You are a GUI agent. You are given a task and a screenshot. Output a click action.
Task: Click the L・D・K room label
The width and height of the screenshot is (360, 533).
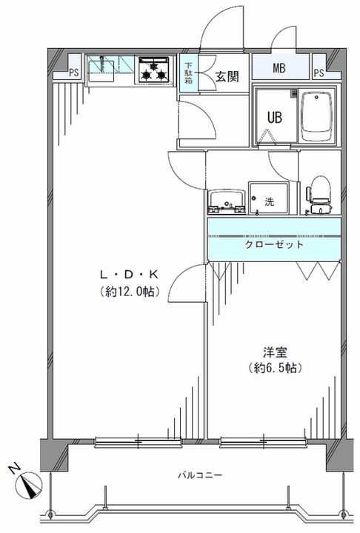[128, 275]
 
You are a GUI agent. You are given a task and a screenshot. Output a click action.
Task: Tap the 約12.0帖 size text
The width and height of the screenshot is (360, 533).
[128, 292]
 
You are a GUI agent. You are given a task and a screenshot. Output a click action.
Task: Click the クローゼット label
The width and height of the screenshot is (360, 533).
[275, 245]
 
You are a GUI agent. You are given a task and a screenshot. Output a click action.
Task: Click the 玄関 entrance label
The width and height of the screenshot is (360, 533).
[226, 76]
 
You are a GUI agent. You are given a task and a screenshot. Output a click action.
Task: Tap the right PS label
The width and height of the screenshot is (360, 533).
[319, 72]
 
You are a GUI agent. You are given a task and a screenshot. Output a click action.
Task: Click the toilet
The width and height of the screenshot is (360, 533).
[319, 191]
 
